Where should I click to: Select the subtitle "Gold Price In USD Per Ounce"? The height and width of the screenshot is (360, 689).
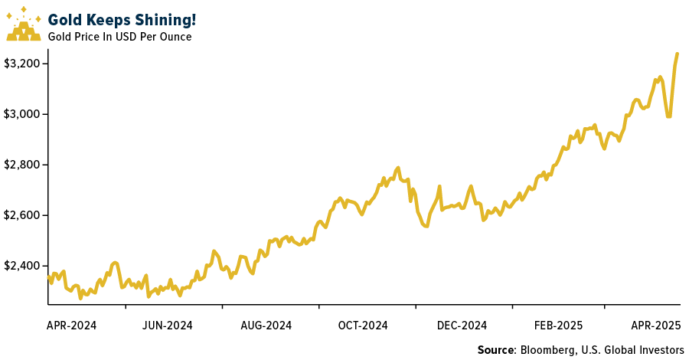click(119, 36)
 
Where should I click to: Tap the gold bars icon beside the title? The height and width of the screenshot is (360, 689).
click(24, 25)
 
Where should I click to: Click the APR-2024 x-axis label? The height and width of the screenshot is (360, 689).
click(72, 326)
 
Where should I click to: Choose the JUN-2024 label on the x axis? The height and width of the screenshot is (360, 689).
click(168, 326)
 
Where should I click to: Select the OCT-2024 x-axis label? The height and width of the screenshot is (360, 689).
click(364, 326)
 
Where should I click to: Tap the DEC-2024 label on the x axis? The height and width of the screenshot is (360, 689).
click(462, 326)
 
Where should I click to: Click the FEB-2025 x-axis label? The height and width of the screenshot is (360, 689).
click(559, 326)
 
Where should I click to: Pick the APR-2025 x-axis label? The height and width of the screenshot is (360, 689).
click(655, 326)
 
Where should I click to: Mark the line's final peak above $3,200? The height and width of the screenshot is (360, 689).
click(678, 54)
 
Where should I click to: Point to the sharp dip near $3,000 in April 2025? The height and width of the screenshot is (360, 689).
click(669, 116)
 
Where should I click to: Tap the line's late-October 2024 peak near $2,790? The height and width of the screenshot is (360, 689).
click(398, 168)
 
